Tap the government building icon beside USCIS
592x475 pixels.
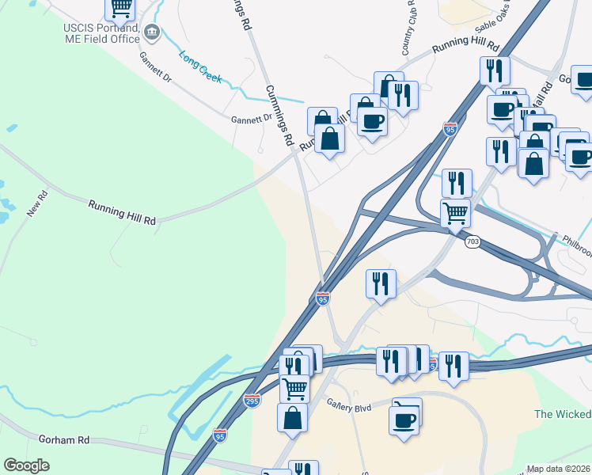(153, 33)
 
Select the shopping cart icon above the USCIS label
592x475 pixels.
(120, 7)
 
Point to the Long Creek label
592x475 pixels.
(200, 68)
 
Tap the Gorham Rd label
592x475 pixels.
(63, 439)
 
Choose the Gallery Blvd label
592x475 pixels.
(349, 405)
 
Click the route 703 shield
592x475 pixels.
(472, 241)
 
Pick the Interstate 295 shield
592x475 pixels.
(252, 401)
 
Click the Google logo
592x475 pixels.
(27, 465)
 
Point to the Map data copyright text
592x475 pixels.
(559, 469)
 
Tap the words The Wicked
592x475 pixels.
(563, 414)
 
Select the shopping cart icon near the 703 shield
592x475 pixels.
(455, 212)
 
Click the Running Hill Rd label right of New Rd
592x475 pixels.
(122, 211)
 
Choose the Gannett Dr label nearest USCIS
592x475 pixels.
(155, 68)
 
